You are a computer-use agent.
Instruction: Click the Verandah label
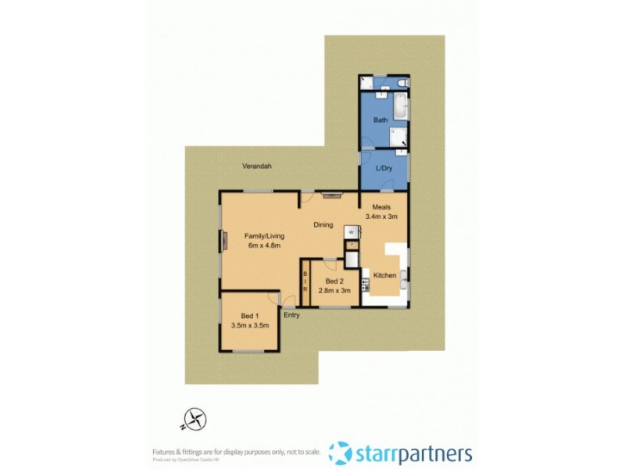click(x=256, y=166)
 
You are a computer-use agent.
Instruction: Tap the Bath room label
click(x=380, y=120)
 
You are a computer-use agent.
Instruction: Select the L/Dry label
click(x=383, y=169)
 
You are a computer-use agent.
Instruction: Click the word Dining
click(x=323, y=225)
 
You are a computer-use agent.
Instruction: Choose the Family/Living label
click(x=264, y=235)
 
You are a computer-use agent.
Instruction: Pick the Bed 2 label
click(x=334, y=281)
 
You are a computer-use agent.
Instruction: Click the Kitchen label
click(x=384, y=276)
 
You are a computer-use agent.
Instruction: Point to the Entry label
click(x=291, y=315)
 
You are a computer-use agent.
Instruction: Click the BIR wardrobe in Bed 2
click(x=305, y=284)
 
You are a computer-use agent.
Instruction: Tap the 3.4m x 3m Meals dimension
click(x=382, y=217)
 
